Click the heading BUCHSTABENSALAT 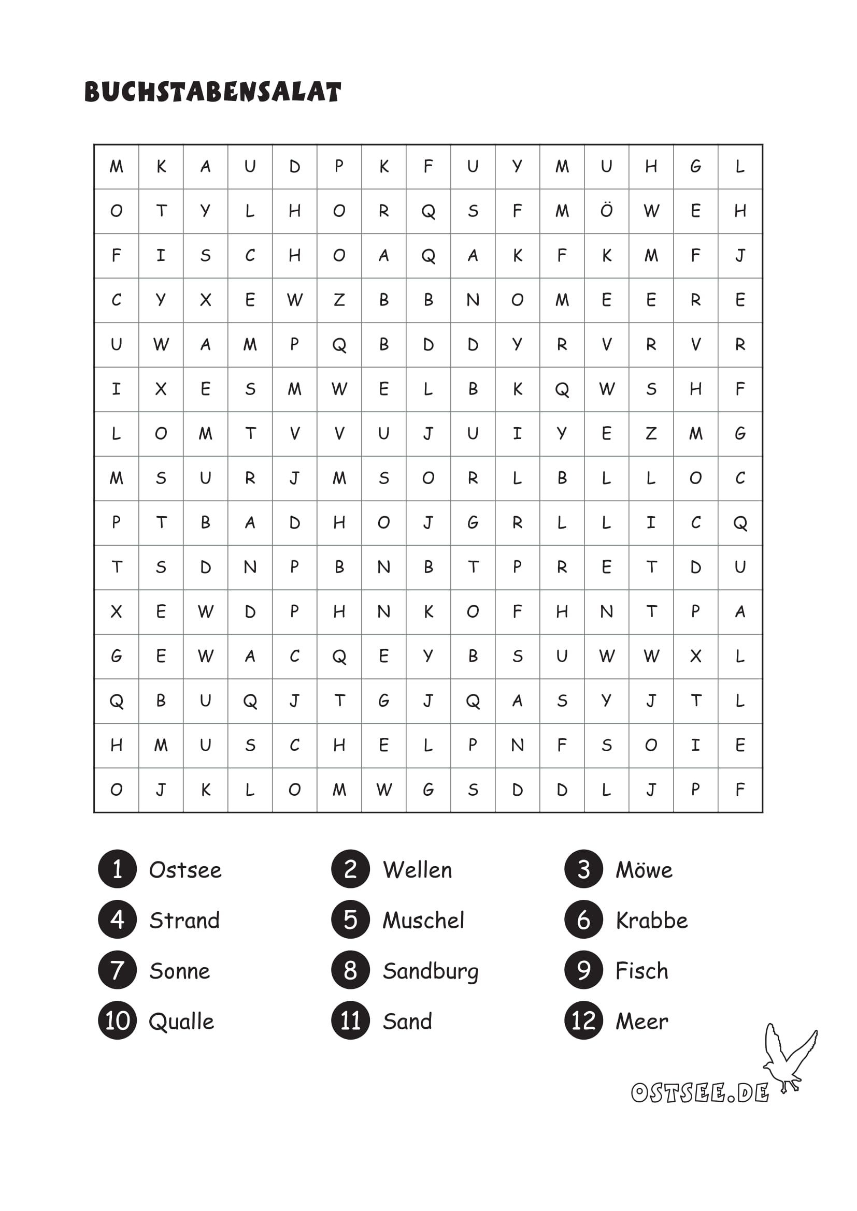[x=212, y=92]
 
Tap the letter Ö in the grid [x=606, y=210]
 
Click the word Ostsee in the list [x=185, y=870]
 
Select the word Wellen [x=418, y=870]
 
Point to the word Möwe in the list [x=644, y=870]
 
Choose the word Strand [x=184, y=921]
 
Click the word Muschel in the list [x=423, y=921]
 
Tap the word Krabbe [x=652, y=921]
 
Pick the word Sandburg [x=431, y=971]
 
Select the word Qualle [x=181, y=1022]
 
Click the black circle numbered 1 [x=117, y=869]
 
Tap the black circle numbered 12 [x=583, y=1020]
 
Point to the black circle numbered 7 [x=117, y=970]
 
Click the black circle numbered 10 [x=117, y=1020]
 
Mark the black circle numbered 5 [x=350, y=920]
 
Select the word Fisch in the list [x=641, y=971]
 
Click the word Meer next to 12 [x=641, y=1022]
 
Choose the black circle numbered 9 [x=583, y=970]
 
